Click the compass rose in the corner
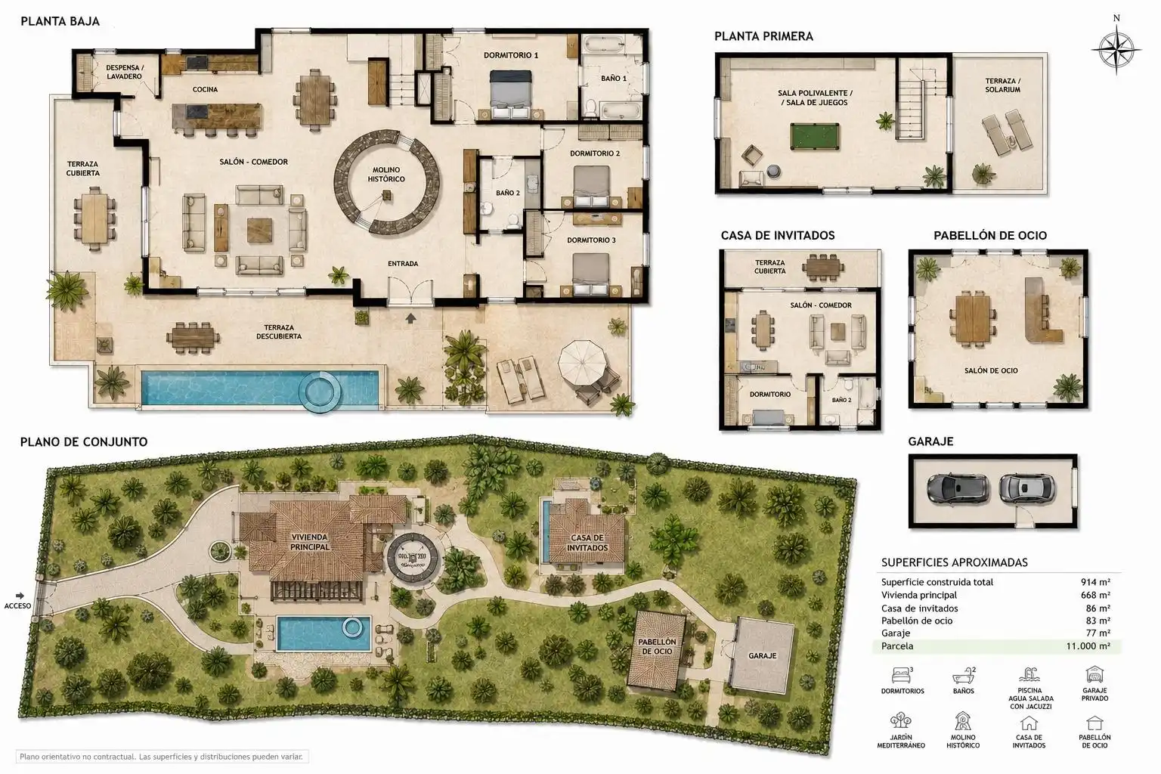tap(1116, 51)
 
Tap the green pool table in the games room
tap(815, 136)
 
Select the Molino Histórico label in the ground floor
tap(386, 174)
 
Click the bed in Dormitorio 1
tap(511, 95)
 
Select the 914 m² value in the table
tap(1095, 582)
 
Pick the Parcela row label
tap(897, 646)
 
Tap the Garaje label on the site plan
tap(762, 656)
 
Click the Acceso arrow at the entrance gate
tap(20, 596)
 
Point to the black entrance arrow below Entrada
tap(410, 318)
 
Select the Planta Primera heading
tap(763, 36)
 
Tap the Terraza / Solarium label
tap(1002, 85)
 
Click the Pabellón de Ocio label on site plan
tap(657, 646)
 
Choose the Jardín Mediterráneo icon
tap(901, 720)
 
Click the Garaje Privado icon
tap(1094, 674)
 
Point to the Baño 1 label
tap(614, 79)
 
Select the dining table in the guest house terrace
tap(823, 268)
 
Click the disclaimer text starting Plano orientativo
tap(161, 757)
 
